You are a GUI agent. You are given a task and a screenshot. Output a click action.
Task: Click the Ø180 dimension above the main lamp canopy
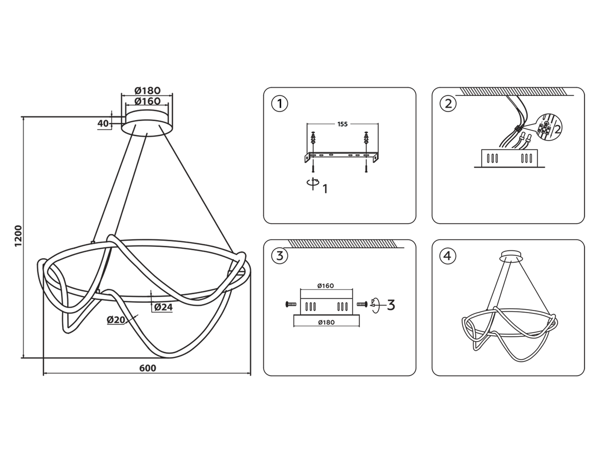point(147,90)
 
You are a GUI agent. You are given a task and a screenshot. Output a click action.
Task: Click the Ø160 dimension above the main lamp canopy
point(147,101)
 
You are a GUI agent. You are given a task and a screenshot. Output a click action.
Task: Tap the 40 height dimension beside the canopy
point(103,124)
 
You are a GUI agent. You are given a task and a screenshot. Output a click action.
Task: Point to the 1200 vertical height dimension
point(18,236)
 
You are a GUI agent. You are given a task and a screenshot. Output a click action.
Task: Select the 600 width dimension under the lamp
point(147,368)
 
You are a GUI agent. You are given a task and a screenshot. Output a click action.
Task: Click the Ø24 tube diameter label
point(163,307)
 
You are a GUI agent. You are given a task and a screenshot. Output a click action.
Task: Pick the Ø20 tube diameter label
point(116,320)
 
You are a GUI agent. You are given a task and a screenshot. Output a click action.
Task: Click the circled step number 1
point(280,104)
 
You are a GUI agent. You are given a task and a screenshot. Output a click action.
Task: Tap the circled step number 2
point(448,104)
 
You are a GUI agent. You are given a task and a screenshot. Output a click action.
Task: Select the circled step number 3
point(280,256)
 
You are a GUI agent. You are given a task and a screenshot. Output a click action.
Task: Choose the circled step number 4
point(448,256)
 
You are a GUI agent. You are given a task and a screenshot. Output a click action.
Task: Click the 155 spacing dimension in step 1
point(342,124)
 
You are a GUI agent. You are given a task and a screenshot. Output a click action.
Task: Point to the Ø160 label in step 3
point(326,286)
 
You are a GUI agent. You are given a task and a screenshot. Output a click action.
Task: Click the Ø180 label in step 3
point(326,322)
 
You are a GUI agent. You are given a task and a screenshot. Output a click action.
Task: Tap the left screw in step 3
point(291,304)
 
